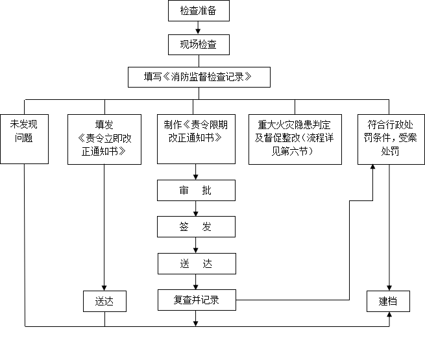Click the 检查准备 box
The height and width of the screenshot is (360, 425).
click(x=198, y=12)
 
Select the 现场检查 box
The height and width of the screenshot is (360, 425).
click(x=198, y=45)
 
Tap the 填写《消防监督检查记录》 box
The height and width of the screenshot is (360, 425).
click(x=198, y=77)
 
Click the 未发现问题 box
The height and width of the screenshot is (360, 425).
click(x=25, y=139)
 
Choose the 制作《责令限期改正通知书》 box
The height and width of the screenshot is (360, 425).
click(x=196, y=139)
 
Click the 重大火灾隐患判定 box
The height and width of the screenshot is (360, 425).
click(x=295, y=139)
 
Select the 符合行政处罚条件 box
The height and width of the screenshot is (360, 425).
click(x=391, y=139)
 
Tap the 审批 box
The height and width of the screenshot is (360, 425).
click(x=196, y=191)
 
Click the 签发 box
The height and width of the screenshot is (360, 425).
click(x=196, y=226)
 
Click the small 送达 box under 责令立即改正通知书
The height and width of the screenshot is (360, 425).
click(x=104, y=301)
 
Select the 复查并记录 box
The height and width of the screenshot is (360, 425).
click(x=196, y=300)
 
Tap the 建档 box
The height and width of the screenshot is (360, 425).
click(x=388, y=301)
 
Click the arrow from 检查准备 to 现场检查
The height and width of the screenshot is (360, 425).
click(x=197, y=28)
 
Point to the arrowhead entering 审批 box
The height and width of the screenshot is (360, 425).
click(x=196, y=176)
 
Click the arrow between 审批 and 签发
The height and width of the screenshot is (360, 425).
click(x=196, y=209)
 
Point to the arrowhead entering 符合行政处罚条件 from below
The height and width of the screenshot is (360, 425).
click(x=373, y=168)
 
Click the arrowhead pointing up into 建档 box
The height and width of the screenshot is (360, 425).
click(x=389, y=315)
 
